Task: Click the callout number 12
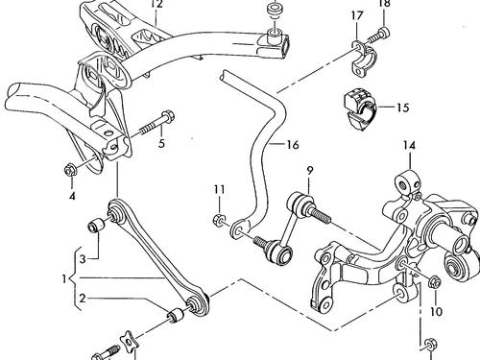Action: tap(157, 4)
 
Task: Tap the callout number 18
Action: tap(384, 3)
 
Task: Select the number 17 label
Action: tap(357, 15)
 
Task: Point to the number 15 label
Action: tap(403, 108)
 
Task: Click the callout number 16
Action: tap(293, 145)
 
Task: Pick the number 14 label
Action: tap(409, 146)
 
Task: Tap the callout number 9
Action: tap(309, 171)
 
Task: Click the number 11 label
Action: tap(220, 189)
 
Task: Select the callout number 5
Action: tap(161, 143)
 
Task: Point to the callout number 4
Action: tap(72, 196)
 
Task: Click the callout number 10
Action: tap(436, 311)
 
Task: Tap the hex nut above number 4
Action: tap(70, 170)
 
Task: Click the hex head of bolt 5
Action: tap(168, 116)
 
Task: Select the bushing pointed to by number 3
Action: tap(95, 225)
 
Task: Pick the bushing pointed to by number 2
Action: tap(176, 315)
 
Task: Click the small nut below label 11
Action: tap(219, 220)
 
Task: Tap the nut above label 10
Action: tap(435, 282)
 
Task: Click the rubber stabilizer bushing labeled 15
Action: tap(360, 110)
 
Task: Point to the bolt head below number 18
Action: tap(384, 33)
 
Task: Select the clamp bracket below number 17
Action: tap(364, 58)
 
